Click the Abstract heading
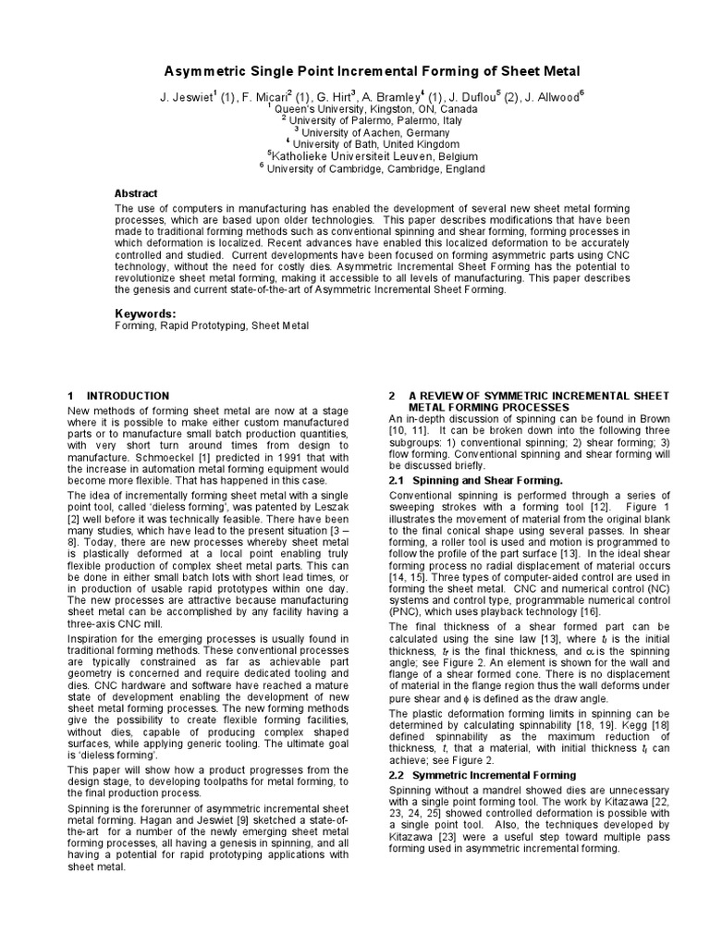click(x=137, y=193)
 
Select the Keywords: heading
click(x=144, y=314)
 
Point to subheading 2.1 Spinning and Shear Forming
click(x=475, y=481)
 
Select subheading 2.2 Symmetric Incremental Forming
click(x=482, y=775)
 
